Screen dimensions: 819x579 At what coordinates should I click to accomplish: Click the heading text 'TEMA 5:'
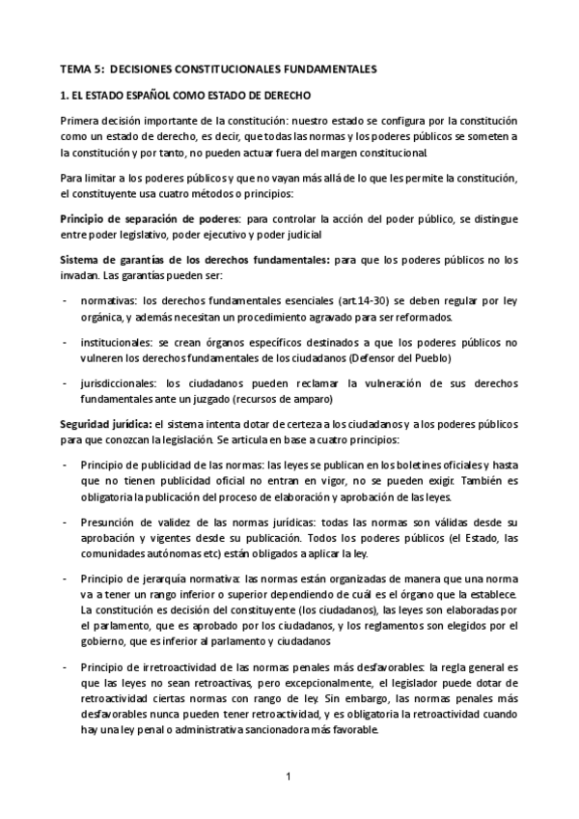(x=82, y=70)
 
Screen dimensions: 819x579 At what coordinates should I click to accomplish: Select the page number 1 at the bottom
(x=289, y=776)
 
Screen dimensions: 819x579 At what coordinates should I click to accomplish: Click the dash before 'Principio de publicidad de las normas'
(x=65, y=465)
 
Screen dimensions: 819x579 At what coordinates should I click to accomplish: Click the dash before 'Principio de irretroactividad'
(x=65, y=667)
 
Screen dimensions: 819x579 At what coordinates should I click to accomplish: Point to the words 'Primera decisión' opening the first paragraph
(x=101, y=123)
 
